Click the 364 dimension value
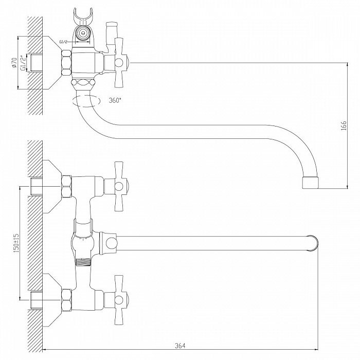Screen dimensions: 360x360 180,345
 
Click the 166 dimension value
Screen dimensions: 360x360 344,125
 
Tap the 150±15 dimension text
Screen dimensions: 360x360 16,243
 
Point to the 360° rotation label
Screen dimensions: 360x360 115,100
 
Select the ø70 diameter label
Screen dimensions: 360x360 14,63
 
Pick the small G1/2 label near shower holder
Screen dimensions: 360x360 63,42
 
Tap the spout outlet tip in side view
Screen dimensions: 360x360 310,183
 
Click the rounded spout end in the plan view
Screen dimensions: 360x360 314,243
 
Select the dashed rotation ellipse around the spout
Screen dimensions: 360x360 86,101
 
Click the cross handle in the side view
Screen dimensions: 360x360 119,62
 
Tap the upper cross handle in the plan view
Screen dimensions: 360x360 119,186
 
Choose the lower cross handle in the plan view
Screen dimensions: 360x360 119,300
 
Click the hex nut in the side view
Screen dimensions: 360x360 66,62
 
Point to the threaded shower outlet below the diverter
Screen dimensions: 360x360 83,262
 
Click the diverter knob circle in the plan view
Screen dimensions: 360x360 112,243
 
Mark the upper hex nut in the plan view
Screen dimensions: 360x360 66,186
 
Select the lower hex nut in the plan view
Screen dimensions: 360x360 66,300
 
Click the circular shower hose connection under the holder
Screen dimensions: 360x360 83,32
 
